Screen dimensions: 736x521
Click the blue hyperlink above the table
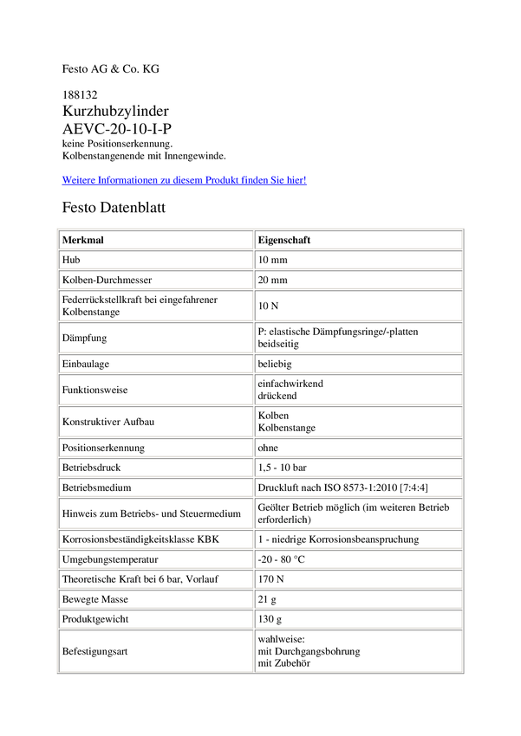point(185,180)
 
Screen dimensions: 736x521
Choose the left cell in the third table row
point(156,279)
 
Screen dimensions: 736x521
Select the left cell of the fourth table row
point(156,305)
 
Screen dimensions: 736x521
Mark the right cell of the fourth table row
point(358,305)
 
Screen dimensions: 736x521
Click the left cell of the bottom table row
point(156,650)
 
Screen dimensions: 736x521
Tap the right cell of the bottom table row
point(358,650)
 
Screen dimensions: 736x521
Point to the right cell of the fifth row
point(358,337)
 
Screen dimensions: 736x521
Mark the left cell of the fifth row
point(156,337)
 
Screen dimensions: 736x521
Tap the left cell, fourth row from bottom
point(156,578)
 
